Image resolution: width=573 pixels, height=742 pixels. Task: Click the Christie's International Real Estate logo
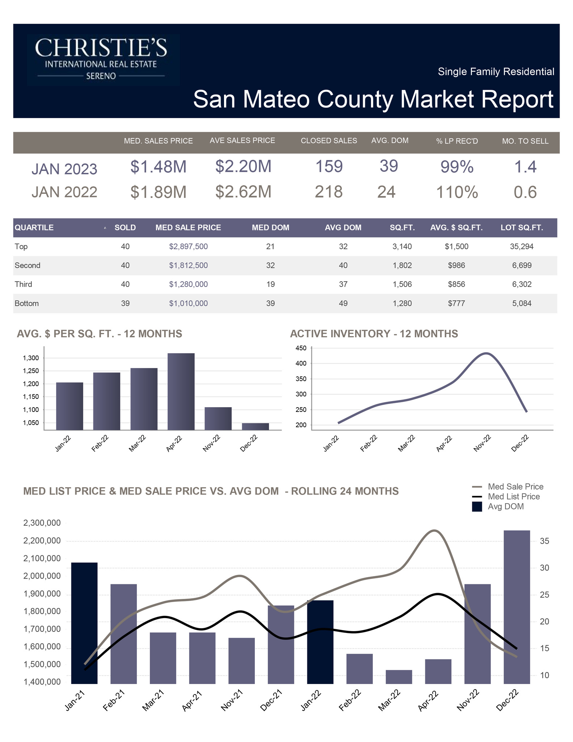(103, 60)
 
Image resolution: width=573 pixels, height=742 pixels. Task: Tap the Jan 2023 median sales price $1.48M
(158, 167)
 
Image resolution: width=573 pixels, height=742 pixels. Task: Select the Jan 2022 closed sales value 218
(329, 192)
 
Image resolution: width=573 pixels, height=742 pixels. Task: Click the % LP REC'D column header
(457, 141)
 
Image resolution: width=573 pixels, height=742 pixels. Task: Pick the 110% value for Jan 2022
(457, 192)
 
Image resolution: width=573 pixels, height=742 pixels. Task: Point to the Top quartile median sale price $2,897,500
(188, 247)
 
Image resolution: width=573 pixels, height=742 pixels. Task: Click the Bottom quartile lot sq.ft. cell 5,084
(522, 304)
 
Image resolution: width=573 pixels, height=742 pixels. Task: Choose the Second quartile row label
(28, 266)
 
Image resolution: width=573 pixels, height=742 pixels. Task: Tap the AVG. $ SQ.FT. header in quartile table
(456, 228)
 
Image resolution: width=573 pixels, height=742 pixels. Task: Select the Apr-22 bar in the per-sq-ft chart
(181, 391)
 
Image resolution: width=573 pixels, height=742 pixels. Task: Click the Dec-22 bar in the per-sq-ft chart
(255, 426)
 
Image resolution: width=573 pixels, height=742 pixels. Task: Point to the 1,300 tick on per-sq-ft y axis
(30, 358)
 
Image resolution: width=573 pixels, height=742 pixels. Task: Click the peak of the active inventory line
(486, 353)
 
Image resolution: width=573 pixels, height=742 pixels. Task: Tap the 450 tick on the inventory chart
(301, 348)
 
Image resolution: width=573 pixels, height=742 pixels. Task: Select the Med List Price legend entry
(513, 497)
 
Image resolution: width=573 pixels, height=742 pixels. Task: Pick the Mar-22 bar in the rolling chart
(399, 677)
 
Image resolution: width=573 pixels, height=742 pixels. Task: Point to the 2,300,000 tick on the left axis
(42, 523)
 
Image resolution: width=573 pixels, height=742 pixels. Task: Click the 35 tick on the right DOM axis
(544, 541)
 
